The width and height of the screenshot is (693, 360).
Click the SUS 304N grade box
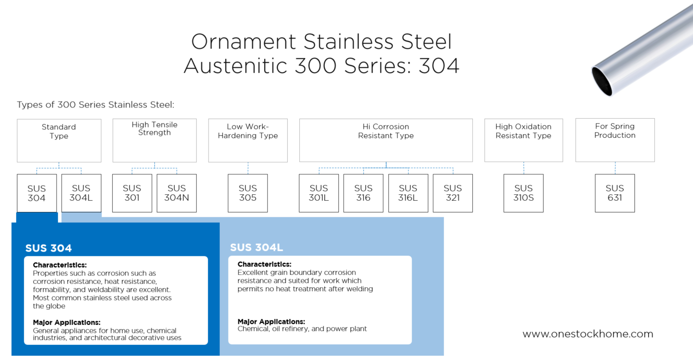[x=176, y=193]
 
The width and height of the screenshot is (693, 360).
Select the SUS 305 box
[x=248, y=193]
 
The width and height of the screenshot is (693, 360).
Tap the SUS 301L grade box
[x=318, y=193]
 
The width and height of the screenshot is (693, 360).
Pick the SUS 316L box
[x=408, y=193]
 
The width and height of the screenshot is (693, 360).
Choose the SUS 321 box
[x=453, y=193]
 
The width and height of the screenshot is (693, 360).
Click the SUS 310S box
[x=523, y=193]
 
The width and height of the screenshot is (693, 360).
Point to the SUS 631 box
[x=614, y=193]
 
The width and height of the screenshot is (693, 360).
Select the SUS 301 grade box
[x=132, y=193]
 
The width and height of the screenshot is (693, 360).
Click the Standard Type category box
[x=59, y=140]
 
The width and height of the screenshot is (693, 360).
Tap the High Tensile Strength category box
[x=154, y=140]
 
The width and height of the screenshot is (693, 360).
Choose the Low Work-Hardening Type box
[x=248, y=140]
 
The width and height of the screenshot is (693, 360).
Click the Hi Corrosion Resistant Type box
[x=386, y=140]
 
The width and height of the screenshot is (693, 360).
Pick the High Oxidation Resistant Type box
[x=523, y=140]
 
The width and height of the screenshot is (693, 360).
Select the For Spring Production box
[x=615, y=140]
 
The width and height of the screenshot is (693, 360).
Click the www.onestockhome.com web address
[x=588, y=334]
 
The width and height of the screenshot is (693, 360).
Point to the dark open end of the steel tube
[x=602, y=81]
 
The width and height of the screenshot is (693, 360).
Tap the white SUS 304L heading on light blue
[x=256, y=248]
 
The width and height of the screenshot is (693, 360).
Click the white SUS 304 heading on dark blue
[x=48, y=248]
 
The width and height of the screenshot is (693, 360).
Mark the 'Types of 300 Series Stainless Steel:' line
[x=96, y=105]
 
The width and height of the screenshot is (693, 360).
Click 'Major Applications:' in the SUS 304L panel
[x=271, y=322]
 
